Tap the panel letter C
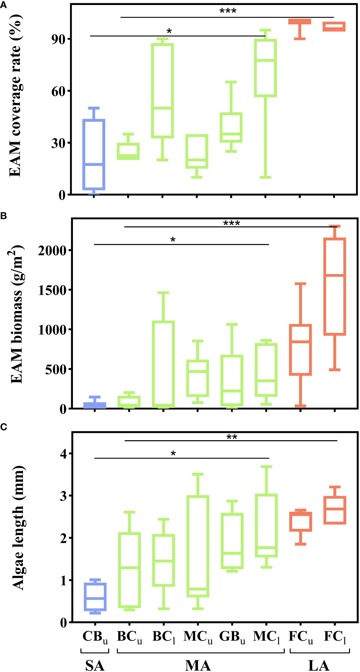[3, 427]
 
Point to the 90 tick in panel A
[58, 39]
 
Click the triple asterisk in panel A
[228, 11]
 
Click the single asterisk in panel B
[173, 240]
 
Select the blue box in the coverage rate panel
[94, 155]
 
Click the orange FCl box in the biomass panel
[335, 287]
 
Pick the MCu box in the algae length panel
[198, 546]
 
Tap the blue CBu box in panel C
[95, 597]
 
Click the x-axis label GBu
[232, 637]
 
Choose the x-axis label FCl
[335, 637]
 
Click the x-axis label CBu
[95, 637]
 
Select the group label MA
[198, 665]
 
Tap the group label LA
[319, 665]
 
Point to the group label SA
[95, 665]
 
